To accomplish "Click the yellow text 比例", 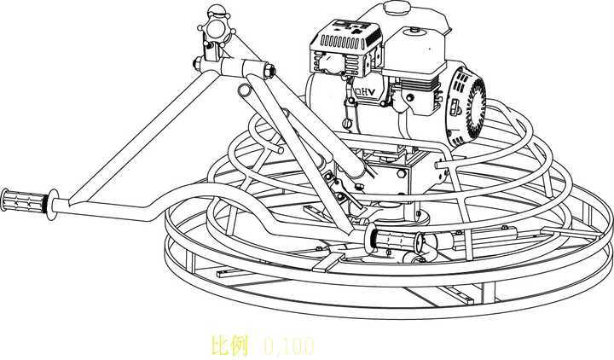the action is (229, 345).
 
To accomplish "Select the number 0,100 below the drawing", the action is (289, 345).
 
